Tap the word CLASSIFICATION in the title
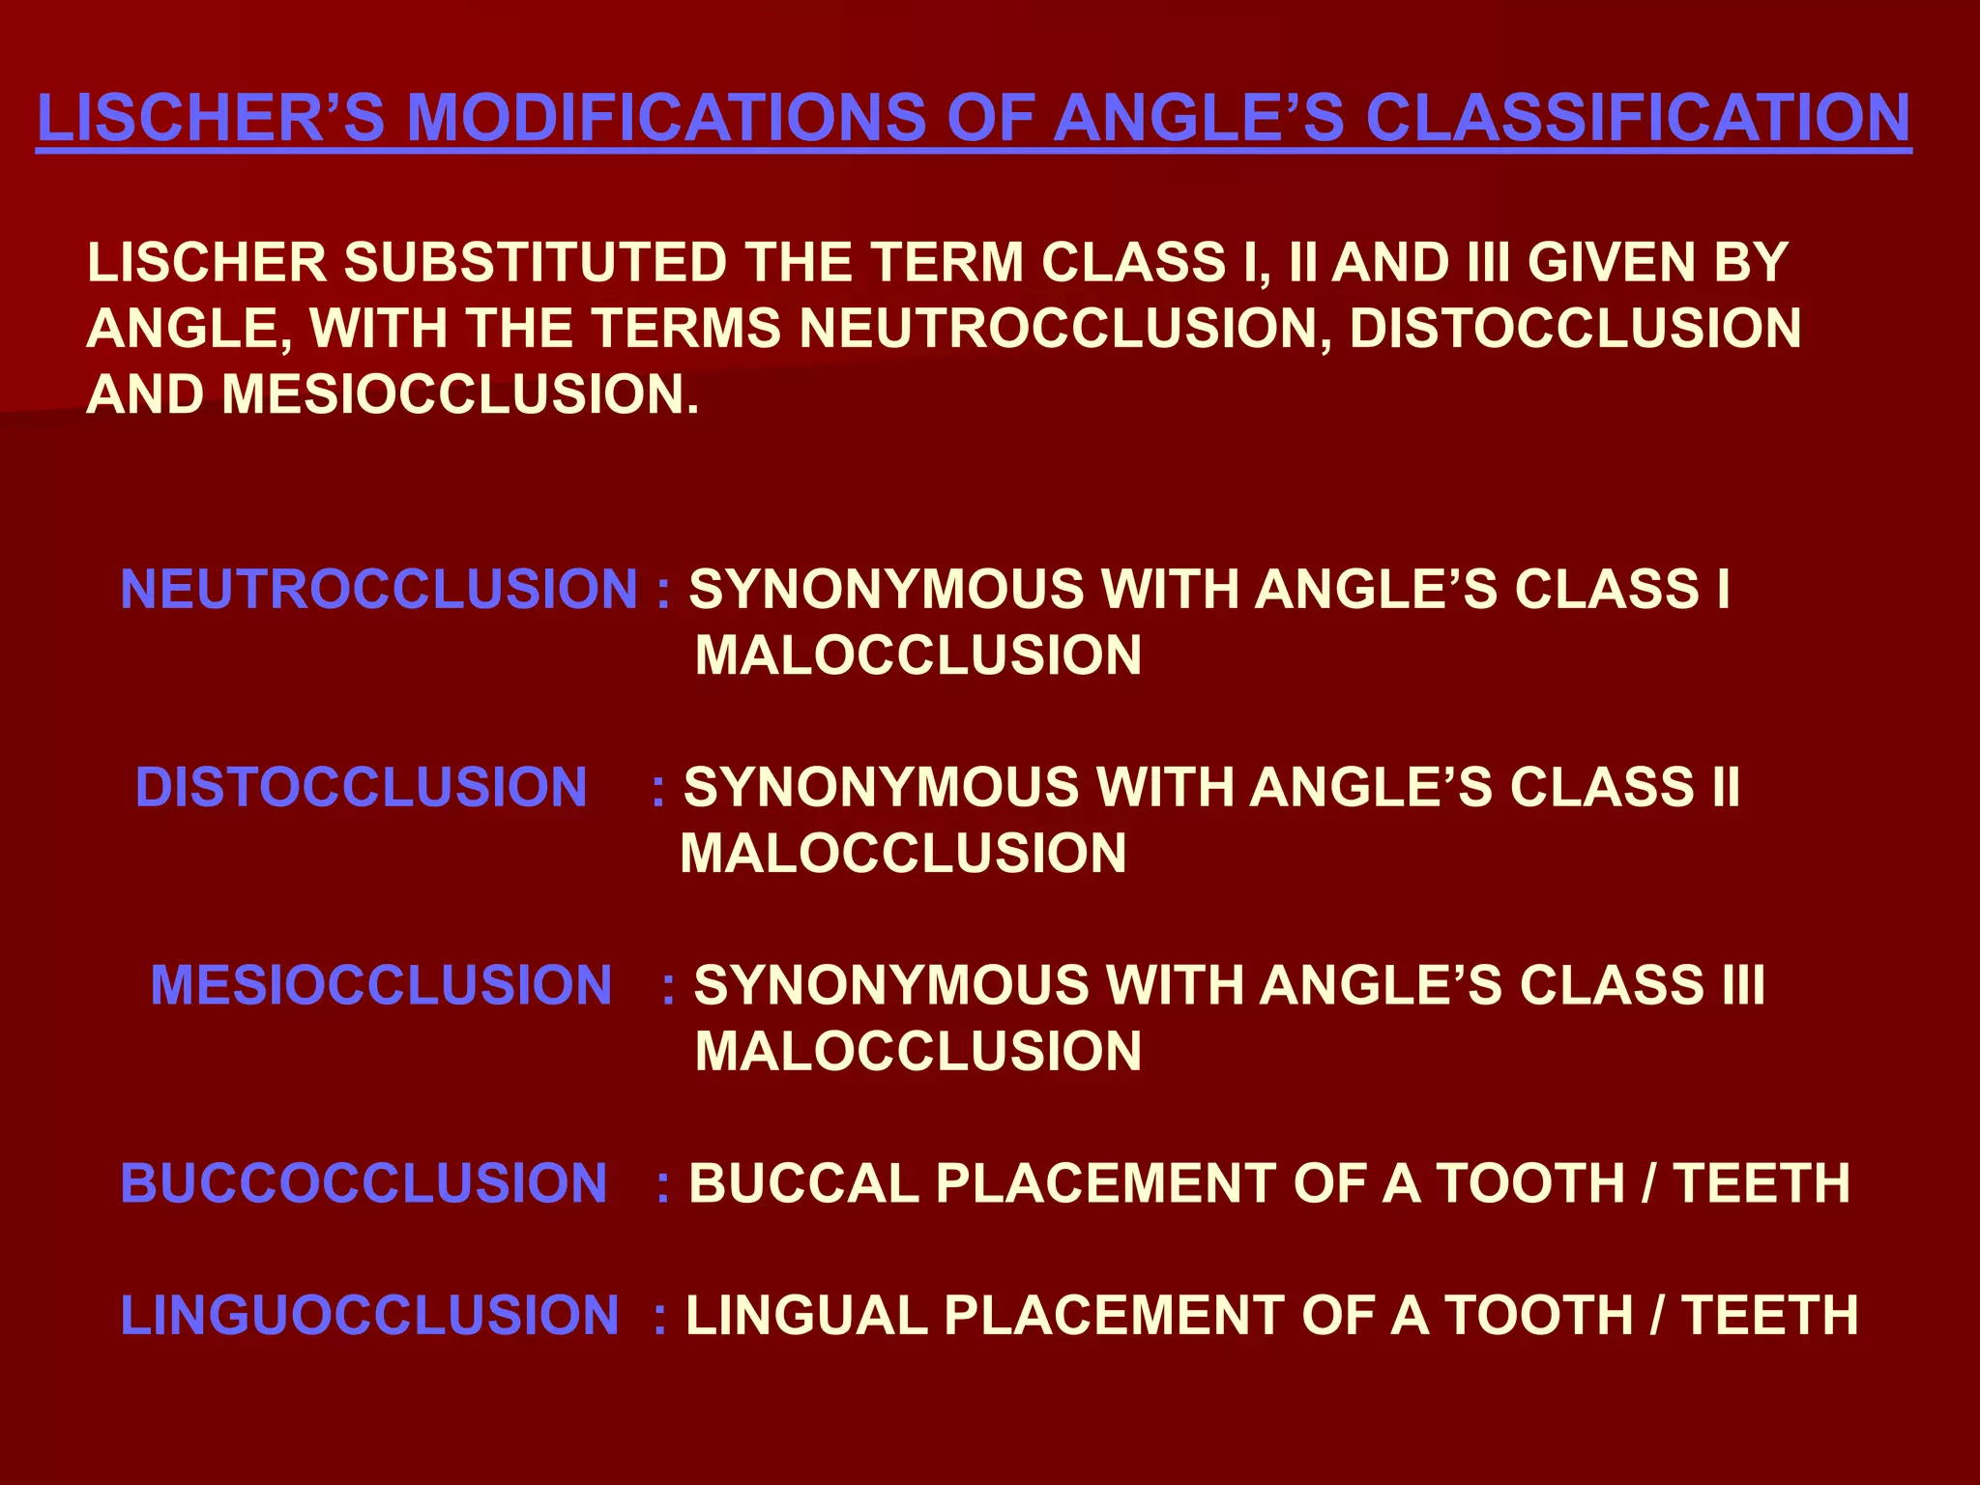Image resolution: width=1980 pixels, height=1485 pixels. coord(1638,119)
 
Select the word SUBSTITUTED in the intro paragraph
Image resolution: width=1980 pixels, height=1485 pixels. coord(536,263)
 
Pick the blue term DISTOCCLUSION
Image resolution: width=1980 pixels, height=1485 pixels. coord(362,787)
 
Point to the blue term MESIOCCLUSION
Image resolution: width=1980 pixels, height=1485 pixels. coord(381,985)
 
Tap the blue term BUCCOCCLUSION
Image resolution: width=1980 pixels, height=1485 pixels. coord(364,1183)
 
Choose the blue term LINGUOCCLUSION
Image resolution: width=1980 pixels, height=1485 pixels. coord(369,1315)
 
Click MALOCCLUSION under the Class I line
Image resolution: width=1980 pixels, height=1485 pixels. coord(918,655)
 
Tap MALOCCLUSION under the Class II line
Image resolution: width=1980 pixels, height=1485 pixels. coord(903,854)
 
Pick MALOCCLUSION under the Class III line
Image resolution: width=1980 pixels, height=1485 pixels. coord(918,1051)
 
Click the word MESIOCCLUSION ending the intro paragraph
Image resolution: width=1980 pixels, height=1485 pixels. coord(459,394)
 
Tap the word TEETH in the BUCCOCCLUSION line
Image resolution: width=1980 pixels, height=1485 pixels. coord(1762,1183)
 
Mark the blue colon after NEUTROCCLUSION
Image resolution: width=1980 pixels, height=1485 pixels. coord(663,592)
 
